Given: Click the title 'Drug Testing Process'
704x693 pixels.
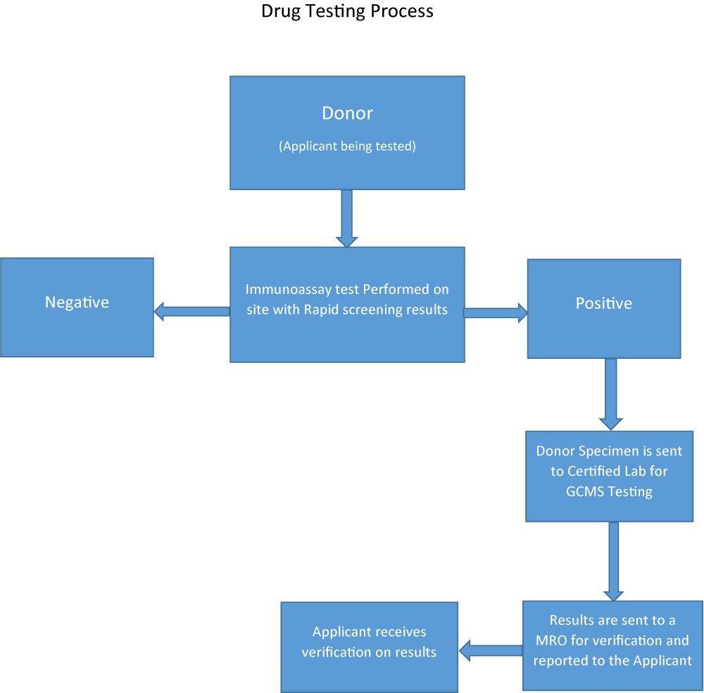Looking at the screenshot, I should [347, 12].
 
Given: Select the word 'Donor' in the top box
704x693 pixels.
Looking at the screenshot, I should [347, 113].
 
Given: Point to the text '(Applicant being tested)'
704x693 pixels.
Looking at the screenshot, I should [347, 146].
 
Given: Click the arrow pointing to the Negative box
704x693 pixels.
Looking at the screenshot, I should [191, 311].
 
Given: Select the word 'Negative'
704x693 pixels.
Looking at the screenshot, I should [77, 303].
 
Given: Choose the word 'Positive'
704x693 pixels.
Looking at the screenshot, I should [603, 303].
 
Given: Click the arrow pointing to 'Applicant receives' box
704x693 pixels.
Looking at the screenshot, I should [490, 651].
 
